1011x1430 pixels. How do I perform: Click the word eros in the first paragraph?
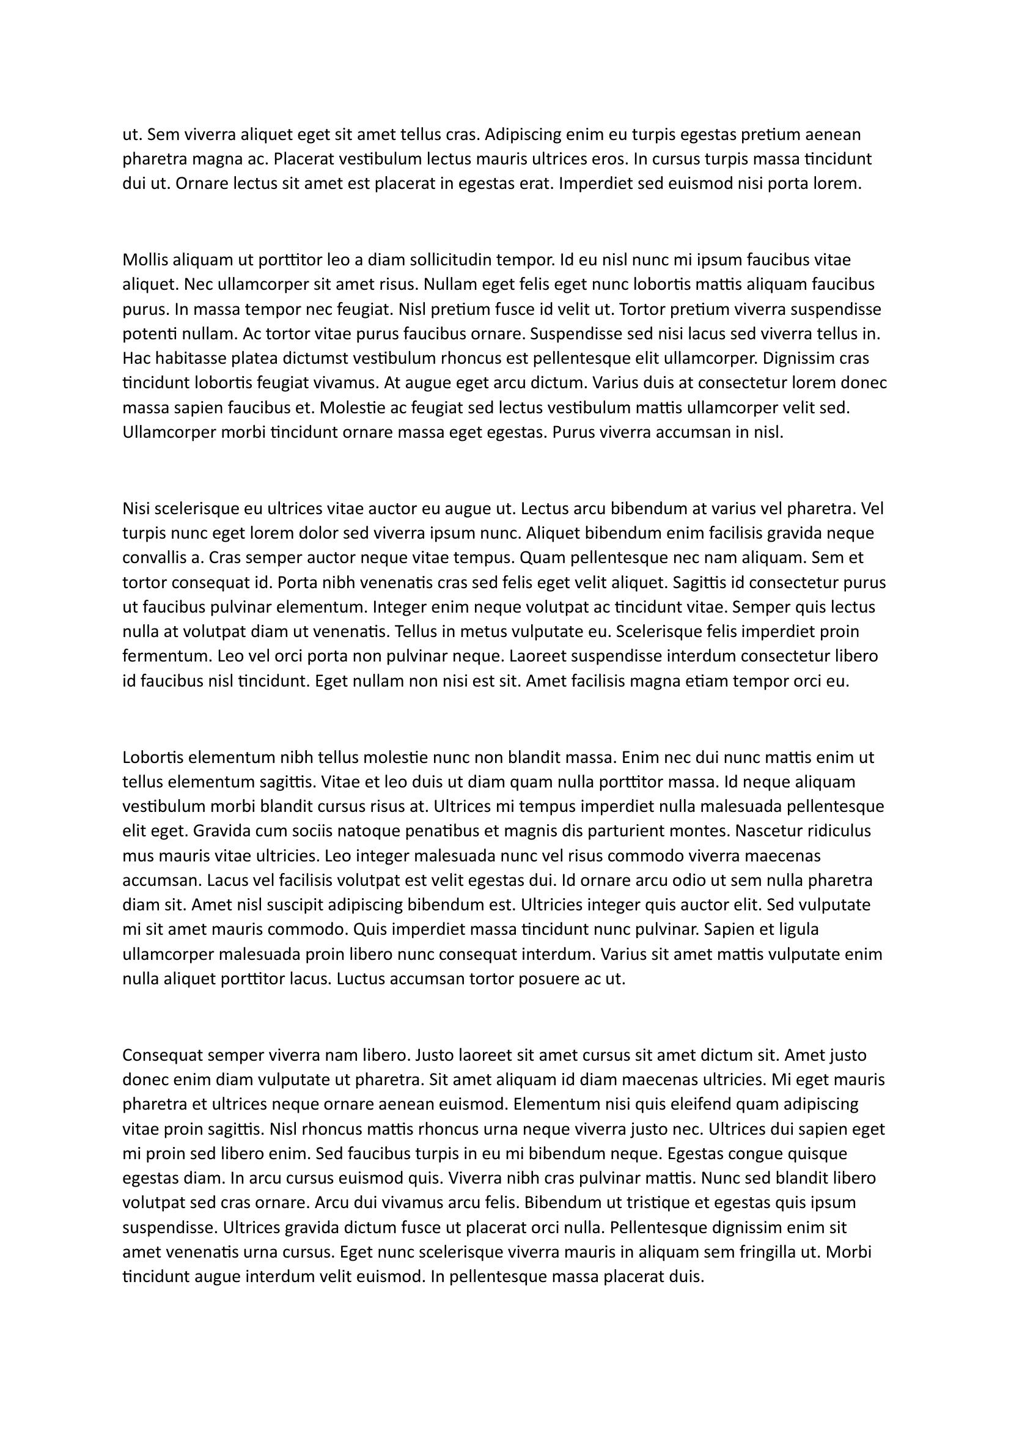pos(610,160)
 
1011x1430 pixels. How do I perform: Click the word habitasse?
pos(189,359)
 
